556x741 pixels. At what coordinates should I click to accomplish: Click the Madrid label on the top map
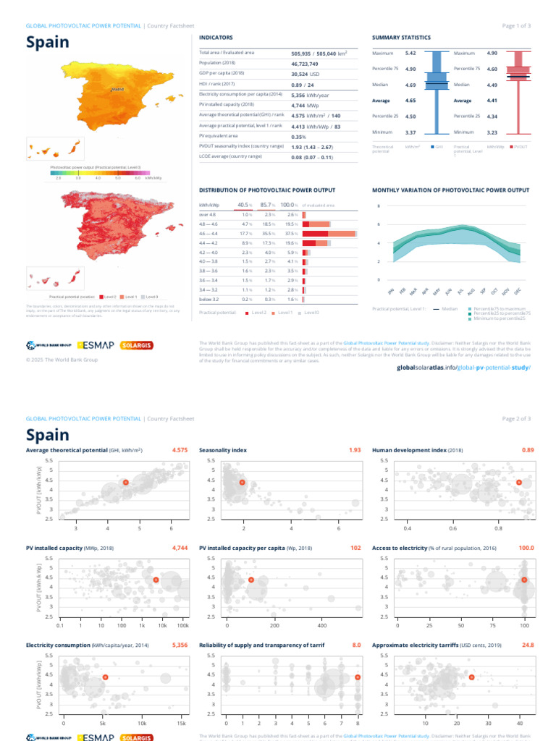tap(117, 89)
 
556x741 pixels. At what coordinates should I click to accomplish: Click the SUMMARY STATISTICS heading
tap(401, 38)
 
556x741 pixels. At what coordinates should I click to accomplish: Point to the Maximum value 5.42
tap(410, 53)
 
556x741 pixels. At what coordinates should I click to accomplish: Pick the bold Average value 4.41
tap(492, 101)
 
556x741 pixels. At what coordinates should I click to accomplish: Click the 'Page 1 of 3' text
tap(516, 25)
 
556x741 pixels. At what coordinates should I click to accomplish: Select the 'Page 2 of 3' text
tap(516, 418)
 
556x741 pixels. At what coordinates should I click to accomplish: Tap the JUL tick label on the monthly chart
tap(460, 291)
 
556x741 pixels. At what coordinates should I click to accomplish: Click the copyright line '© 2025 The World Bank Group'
tap(62, 359)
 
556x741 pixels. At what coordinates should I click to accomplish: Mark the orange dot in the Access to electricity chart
tap(524, 580)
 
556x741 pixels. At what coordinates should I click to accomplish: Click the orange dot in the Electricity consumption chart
tap(105, 677)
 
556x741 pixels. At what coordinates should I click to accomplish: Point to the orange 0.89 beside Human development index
tap(527, 450)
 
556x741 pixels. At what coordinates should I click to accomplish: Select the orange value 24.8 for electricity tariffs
tap(527, 645)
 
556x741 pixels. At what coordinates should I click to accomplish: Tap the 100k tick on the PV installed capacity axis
tap(183, 624)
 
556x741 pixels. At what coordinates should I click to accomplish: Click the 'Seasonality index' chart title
tap(223, 450)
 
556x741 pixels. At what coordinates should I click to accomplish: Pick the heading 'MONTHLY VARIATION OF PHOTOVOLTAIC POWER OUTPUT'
tap(450, 190)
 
